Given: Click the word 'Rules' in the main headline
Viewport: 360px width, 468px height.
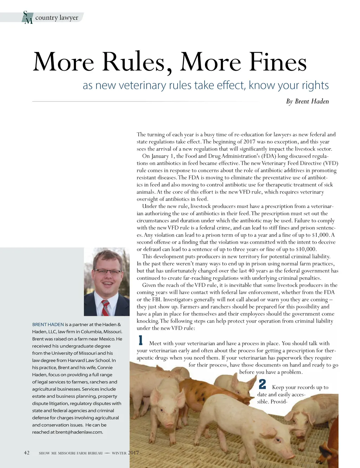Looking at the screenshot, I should tap(134, 62).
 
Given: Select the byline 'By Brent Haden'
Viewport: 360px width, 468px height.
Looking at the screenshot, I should tap(307, 101).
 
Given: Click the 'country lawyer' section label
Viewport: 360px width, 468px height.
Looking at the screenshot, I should tap(57, 18).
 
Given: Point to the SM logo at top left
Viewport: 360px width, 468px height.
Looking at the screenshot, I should tap(27, 17).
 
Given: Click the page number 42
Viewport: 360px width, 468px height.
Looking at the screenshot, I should tap(27, 453).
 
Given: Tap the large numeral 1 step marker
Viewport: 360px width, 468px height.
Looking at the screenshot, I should tap(141, 341).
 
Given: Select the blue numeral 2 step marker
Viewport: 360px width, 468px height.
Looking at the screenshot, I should tap(262, 384).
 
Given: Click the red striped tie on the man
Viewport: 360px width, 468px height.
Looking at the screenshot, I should tap(105, 308).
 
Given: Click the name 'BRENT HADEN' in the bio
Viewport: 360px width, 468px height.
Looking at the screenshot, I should tap(48, 324).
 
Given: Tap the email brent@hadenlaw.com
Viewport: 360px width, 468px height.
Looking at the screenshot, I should tap(79, 432).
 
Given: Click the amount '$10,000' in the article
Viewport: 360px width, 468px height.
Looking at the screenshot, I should tap(306, 249).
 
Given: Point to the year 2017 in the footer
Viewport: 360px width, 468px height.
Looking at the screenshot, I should tap(133, 453).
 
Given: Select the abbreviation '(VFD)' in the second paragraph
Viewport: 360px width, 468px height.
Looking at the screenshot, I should tap(330, 163).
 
